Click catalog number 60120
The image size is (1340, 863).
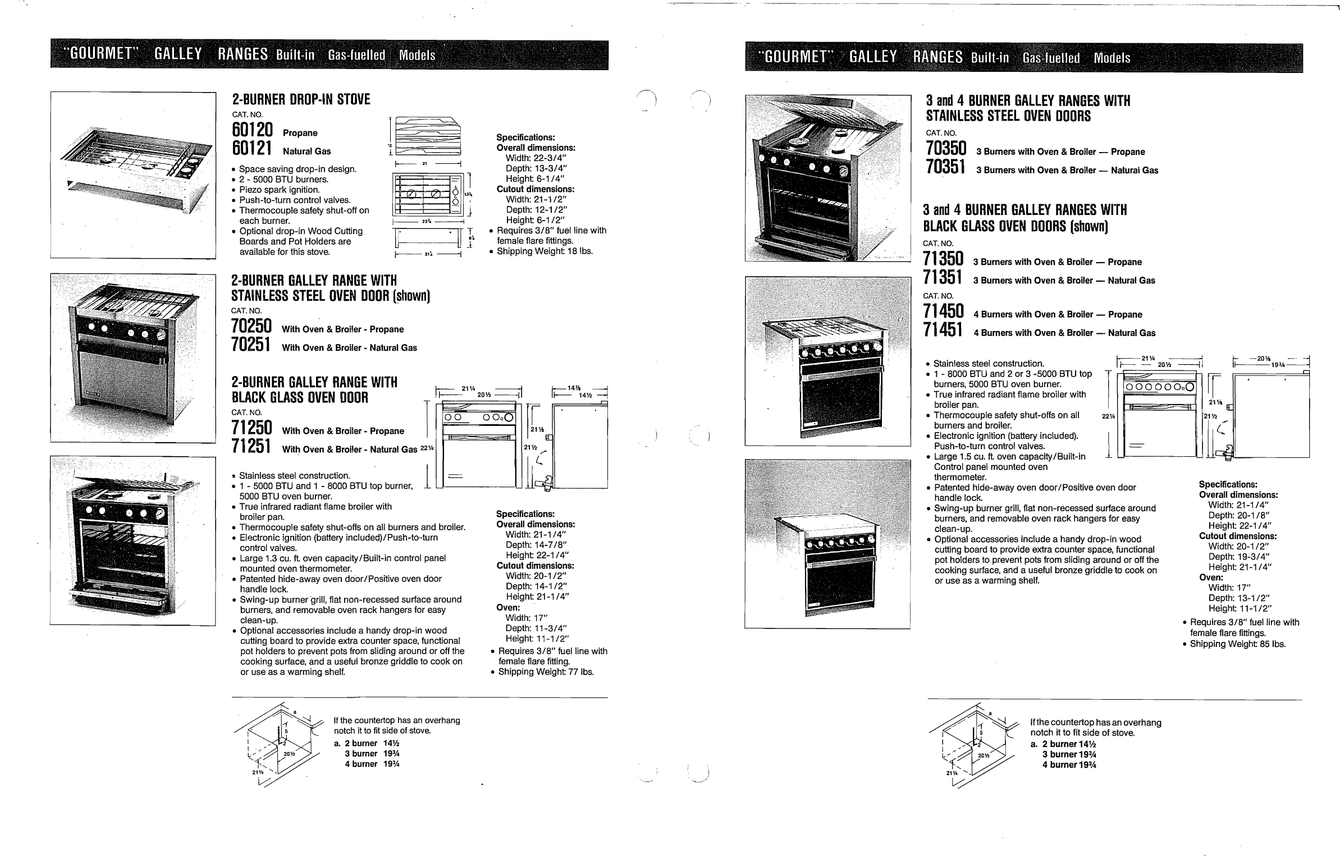tap(252, 131)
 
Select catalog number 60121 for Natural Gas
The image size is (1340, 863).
tap(252, 149)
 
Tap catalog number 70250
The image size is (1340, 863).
tap(251, 327)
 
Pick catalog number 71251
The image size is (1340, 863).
tap(251, 447)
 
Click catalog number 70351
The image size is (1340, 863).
tap(946, 168)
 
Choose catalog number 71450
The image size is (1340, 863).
tap(943, 312)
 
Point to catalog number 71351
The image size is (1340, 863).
tap(943, 278)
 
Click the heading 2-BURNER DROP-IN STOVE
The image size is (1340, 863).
tap(301, 100)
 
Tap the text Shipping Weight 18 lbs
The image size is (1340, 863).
tap(544, 251)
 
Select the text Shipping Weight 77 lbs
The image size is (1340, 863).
tap(546, 672)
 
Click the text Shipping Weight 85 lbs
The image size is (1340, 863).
tap(1237, 644)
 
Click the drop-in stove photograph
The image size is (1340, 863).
tap(133, 175)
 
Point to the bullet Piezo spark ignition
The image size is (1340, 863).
tap(279, 190)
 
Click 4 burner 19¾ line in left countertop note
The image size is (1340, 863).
tap(372, 764)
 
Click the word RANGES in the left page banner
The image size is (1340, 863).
tap(243, 54)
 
